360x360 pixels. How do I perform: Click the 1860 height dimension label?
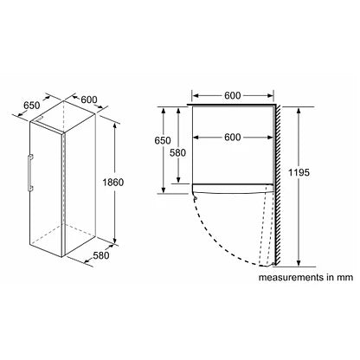click(113, 183)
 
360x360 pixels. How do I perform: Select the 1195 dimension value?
click(299, 172)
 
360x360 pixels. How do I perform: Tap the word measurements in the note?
click(291, 278)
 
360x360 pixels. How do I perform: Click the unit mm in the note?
click(344, 278)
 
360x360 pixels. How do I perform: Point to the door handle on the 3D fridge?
click(30, 173)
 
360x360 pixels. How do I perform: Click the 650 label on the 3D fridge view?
click(32, 106)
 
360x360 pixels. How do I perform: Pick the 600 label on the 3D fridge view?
click(89, 100)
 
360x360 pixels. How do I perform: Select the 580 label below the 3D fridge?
click(101, 255)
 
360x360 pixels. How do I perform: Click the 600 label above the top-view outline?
click(233, 95)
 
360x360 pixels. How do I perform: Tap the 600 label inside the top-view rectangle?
click(233, 138)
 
